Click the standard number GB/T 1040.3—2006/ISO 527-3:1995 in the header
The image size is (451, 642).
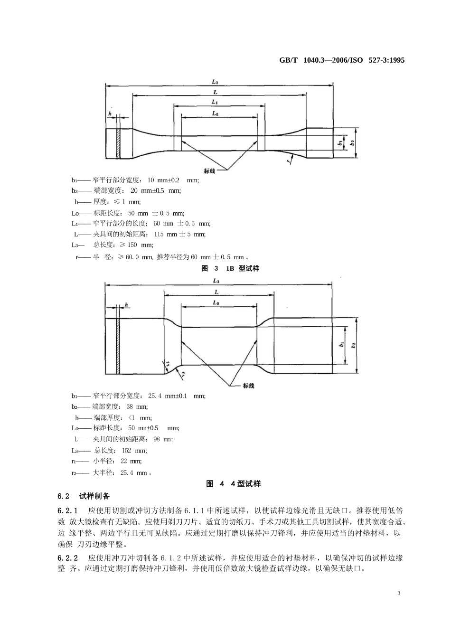click(x=342, y=61)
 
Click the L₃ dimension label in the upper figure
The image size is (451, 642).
click(x=215, y=82)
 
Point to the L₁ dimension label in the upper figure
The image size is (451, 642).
click(x=215, y=102)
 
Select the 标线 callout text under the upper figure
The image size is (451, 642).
click(x=209, y=171)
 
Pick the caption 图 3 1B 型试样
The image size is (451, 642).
click(x=230, y=268)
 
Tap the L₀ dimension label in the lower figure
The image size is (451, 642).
click(x=216, y=302)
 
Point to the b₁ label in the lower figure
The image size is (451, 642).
click(x=341, y=346)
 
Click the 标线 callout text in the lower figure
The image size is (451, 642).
click(x=248, y=386)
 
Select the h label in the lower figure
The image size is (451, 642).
click(x=126, y=304)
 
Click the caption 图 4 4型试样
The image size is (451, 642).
click(x=234, y=484)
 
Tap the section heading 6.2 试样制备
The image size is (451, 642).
click(x=84, y=496)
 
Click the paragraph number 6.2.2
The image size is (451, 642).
click(x=67, y=557)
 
